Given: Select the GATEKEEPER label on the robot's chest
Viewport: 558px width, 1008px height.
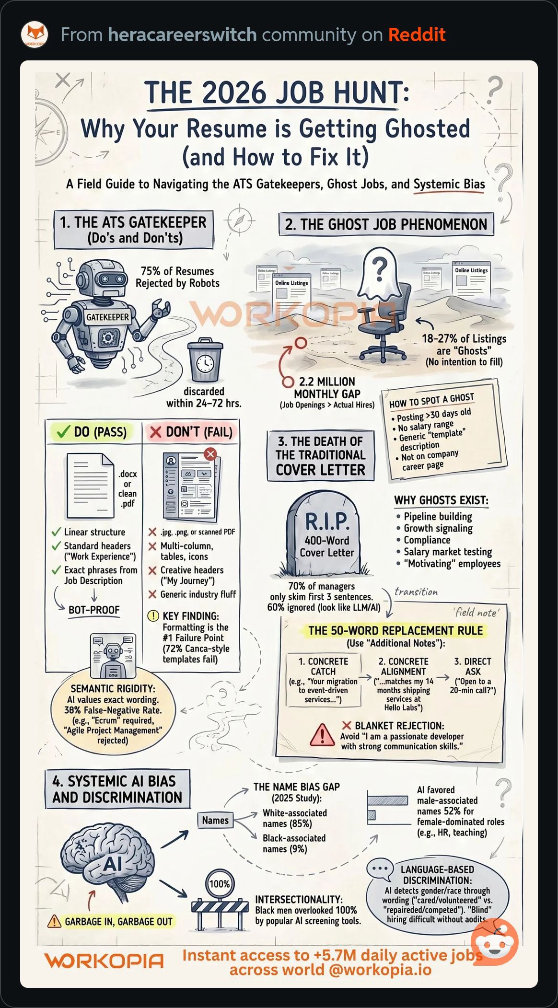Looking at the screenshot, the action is click(107, 317).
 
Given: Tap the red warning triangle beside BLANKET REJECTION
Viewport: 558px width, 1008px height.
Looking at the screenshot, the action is click(322, 735).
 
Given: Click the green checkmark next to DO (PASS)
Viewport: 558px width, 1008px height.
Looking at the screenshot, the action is click(63, 432).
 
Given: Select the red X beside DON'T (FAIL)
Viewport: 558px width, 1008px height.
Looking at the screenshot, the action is click(155, 432).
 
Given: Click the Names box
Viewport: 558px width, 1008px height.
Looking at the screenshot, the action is click(215, 820).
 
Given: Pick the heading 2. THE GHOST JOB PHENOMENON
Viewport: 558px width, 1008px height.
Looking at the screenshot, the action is click(386, 224).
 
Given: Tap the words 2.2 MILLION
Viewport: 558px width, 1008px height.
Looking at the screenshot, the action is click(327, 382).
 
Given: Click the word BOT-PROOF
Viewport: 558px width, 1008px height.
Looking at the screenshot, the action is click(94, 610).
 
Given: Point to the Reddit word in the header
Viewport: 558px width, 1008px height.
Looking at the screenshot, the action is click(417, 35).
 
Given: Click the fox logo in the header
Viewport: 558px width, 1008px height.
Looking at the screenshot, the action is click(35, 35).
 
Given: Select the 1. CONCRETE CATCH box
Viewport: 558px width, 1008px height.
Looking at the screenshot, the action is click(323, 680).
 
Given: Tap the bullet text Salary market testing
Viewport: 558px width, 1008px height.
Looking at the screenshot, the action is click(448, 552).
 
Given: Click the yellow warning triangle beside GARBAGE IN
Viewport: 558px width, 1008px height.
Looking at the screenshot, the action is click(54, 921).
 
